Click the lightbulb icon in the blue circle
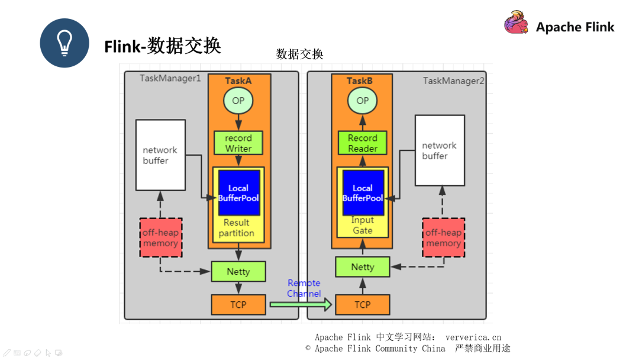tap(64, 43)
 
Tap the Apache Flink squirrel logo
tap(516, 23)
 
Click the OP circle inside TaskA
tap(238, 101)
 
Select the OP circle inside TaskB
tap(362, 101)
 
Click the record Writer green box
tap(238, 143)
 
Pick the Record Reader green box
tap(362, 143)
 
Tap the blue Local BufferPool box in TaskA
tap(239, 193)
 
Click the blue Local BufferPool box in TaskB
tap(363, 193)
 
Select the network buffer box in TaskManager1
tap(160, 155)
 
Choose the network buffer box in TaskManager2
tap(440, 150)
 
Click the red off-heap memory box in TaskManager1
tap(160, 237)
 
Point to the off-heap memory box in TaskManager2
tap(443, 237)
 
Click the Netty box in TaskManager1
tap(238, 272)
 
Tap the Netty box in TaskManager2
tap(362, 267)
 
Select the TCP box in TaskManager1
tap(238, 305)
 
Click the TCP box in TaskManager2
tap(362, 305)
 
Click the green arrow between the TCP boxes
tap(301, 305)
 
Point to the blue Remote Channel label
tap(304, 288)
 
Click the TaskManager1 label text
tap(170, 78)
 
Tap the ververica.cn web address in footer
tap(473, 337)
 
